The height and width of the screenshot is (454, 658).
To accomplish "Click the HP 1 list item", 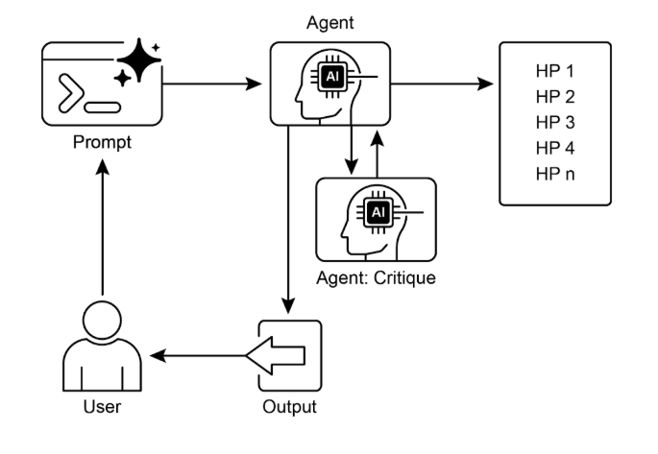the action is [555, 71].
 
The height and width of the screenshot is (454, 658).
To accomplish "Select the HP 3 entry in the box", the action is [555, 123].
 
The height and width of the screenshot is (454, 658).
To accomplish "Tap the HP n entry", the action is [555, 174].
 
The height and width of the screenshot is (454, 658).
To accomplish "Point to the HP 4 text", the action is [555, 148].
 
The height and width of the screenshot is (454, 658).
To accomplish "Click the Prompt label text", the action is [102, 142].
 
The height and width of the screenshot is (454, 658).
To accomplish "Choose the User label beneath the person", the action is [102, 407].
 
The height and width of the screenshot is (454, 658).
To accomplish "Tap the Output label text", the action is [289, 407].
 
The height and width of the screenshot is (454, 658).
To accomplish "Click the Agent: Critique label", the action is [376, 278].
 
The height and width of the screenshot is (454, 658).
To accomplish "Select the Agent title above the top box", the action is [330, 23].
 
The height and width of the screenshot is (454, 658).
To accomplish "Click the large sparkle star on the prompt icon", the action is [139, 60].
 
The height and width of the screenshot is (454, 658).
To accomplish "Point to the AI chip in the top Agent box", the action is [332, 76].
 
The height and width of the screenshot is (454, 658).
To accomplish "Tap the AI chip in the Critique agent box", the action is [378, 212].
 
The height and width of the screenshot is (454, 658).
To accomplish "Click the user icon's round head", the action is [103, 321].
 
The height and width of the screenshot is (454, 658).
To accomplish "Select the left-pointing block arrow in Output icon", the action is [276, 355].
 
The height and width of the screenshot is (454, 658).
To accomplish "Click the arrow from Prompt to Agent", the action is [212, 84].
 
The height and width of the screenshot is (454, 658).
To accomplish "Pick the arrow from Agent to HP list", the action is [442, 84].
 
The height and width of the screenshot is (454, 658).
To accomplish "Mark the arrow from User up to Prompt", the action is [103, 227].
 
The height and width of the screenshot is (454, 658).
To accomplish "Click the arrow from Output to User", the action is [198, 356].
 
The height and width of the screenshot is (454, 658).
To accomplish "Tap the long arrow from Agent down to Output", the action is [288, 219].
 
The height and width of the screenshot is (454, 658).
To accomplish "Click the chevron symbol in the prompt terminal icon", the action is [71, 93].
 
